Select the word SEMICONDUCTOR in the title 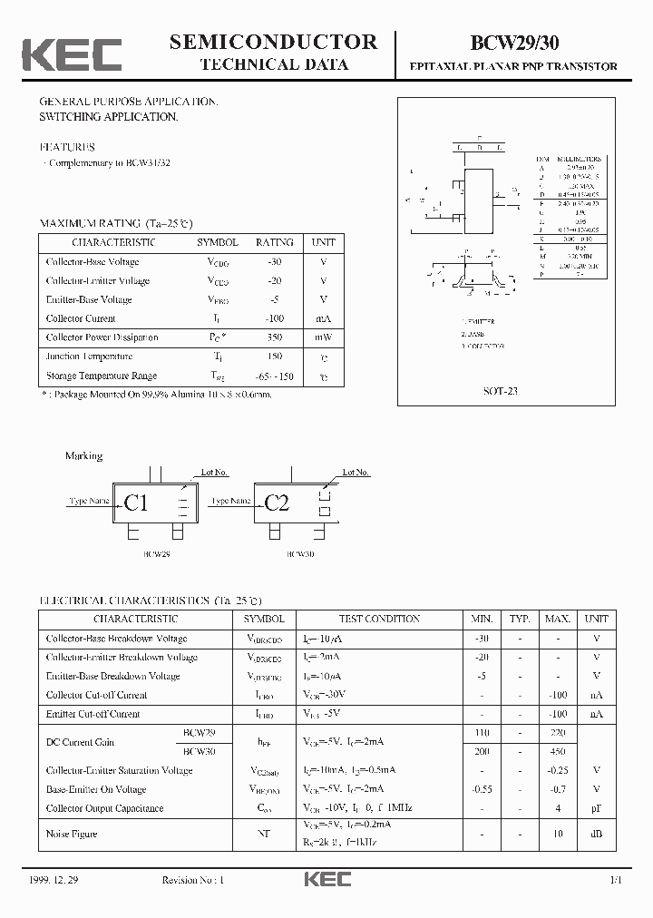click(273, 41)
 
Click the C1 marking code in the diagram click(136, 503)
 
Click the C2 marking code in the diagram click(277, 503)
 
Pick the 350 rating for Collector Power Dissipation click(275, 337)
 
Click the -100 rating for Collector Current click(275, 318)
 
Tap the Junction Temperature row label click(89, 356)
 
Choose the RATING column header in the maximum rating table click(275, 242)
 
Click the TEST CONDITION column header click(379, 619)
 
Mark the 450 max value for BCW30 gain click(557, 751)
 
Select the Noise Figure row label click(72, 834)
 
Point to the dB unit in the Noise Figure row click(596, 834)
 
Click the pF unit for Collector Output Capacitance click(596, 808)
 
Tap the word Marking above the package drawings click(83, 455)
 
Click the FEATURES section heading click(67, 146)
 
